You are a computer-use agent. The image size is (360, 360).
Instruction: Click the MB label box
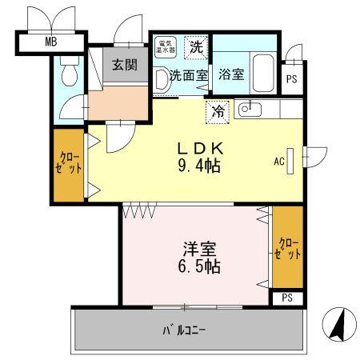pyautogui.click(x=50, y=41)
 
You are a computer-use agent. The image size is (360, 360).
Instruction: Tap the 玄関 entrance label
pyautogui.click(x=123, y=65)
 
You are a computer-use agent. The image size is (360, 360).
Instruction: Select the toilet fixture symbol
pyautogui.click(x=69, y=75)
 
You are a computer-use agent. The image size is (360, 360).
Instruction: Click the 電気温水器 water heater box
pyautogui.click(x=166, y=47)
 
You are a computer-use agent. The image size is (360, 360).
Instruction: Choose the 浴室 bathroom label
pyautogui.click(x=233, y=78)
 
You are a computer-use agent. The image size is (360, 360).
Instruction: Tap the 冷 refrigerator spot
pyautogui.click(x=218, y=112)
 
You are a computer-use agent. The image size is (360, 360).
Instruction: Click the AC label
pyautogui.click(x=279, y=161)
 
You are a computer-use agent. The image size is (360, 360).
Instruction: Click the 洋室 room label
pyautogui.click(x=196, y=248)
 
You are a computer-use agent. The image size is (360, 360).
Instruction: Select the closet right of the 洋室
pyautogui.click(x=288, y=248)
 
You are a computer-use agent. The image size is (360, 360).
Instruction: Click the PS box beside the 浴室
pyautogui.click(x=292, y=78)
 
